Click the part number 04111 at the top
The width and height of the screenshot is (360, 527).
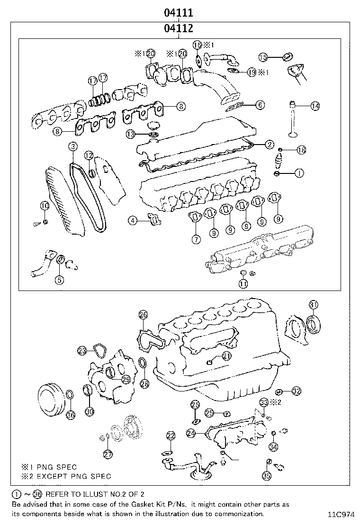[x=178, y=12]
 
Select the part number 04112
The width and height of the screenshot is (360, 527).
[x=178, y=28]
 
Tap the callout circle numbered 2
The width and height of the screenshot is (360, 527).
[x=269, y=145]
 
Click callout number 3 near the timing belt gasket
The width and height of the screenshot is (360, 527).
[x=72, y=147]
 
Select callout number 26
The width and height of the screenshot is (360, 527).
[x=143, y=315]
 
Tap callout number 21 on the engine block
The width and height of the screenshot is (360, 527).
[x=226, y=356]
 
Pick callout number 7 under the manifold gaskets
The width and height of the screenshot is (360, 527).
[x=196, y=239]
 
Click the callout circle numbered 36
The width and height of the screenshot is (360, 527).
[x=71, y=415]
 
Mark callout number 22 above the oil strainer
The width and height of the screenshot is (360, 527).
[x=171, y=435]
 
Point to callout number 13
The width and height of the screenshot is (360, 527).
[x=131, y=135]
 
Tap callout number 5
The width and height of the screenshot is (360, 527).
[x=59, y=280]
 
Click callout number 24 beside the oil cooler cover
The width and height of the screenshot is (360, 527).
[x=191, y=433]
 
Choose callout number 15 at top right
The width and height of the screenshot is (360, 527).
[x=263, y=57]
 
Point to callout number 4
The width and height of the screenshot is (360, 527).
[x=134, y=220]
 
